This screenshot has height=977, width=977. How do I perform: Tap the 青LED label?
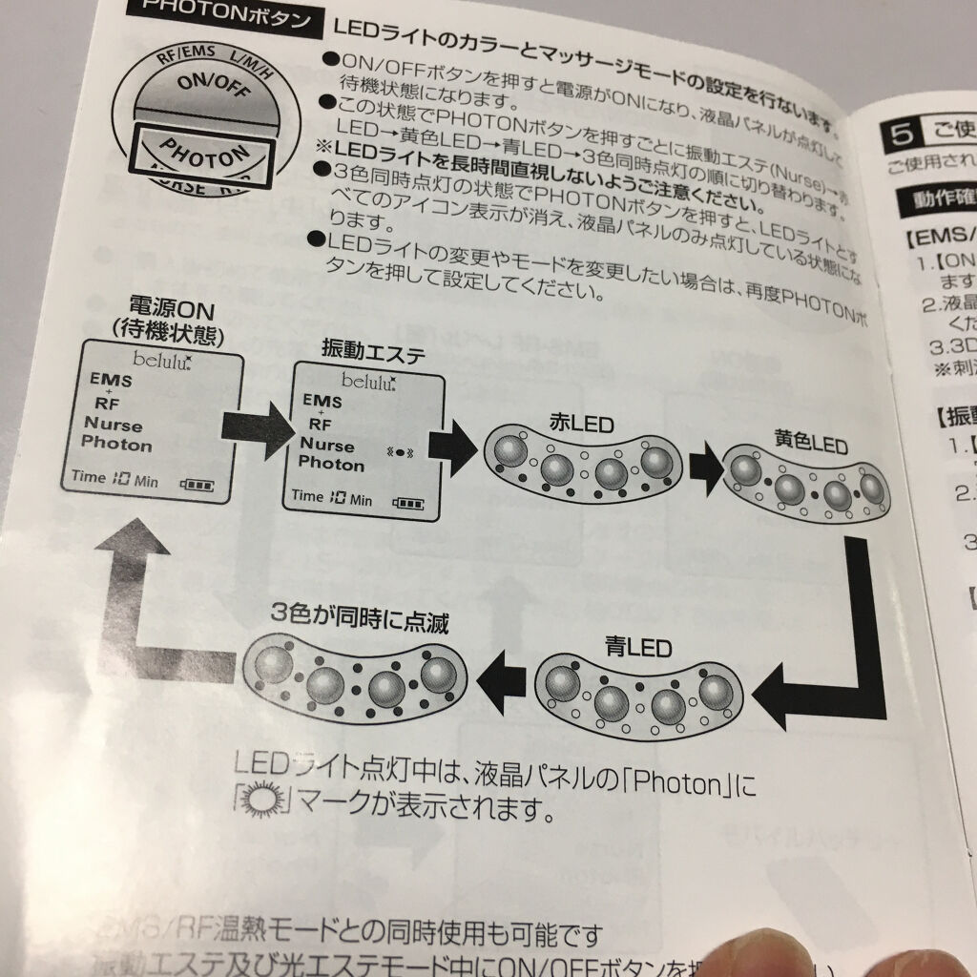click(x=637, y=648)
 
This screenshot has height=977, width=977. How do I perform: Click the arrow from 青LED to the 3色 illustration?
click(x=499, y=678)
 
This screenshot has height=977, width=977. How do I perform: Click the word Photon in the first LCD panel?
click(x=116, y=444)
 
